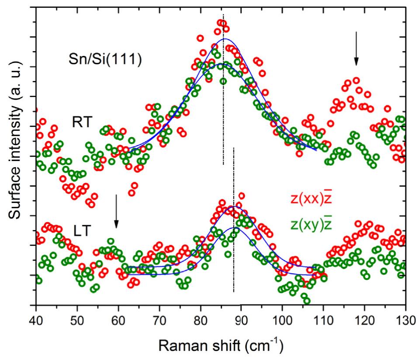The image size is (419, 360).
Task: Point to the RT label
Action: click(x=83, y=122)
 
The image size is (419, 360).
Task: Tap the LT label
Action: click(x=80, y=230)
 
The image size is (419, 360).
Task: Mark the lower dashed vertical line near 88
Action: click(x=234, y=262)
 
